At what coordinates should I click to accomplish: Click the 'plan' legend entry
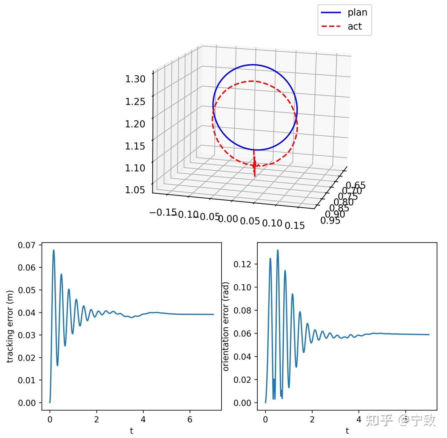coord(357,12)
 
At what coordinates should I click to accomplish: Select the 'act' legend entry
coord(354,27)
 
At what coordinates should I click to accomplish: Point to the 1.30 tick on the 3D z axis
coord(135,79)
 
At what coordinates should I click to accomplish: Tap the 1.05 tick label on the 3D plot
coord(135,189)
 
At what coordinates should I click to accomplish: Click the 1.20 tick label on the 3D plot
coord(135,124)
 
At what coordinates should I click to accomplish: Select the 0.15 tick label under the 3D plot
coord(295,225)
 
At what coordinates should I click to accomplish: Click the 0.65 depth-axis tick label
coord(356,186)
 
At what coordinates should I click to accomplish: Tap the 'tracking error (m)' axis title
coord(10,326)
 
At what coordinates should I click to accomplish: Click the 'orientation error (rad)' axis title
coord(226,326)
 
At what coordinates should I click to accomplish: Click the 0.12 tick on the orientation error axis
coord(242,264)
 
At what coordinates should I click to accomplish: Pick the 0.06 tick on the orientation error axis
coord(242,334)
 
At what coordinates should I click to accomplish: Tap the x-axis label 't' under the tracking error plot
coord(132,431)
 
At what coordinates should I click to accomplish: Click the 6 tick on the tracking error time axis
coord(190,420)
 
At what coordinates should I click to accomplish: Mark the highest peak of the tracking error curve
coord(54,250)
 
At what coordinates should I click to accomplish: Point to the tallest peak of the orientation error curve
coord(278,250)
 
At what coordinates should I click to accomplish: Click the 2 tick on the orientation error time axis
coord(312,420)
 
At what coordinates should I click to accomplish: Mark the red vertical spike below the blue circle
coord(254,165)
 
